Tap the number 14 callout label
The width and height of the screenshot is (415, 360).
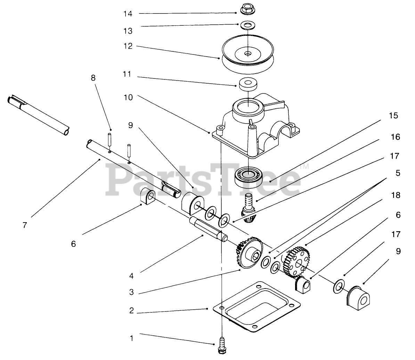click(128, 14)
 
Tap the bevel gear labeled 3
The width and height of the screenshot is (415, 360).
click(249, 253)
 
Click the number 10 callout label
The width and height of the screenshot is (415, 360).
click(128, 98)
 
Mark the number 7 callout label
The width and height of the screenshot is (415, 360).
click(24, 225)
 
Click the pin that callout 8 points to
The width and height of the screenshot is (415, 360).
click(109, 140)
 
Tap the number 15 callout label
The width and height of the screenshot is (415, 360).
click(393, 116)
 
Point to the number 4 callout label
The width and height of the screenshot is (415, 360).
click(131, 276)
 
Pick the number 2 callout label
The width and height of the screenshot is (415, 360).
click(131, 311)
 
